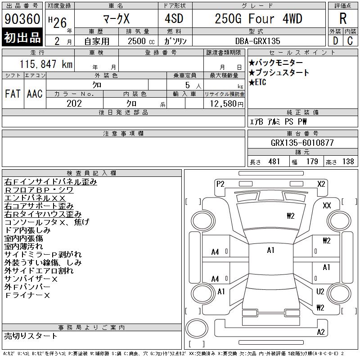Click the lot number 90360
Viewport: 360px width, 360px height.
pyautogui.click(x=22, y=19)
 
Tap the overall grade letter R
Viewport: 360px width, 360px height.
pyautogui.click(x=343, y=18)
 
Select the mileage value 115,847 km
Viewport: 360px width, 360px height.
pyautogui.click(x=46, y=64)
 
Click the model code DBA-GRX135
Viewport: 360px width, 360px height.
pyautogui.click(x=257, y=41)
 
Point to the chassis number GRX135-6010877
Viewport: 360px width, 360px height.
pyautogui.click(x=302, y=143)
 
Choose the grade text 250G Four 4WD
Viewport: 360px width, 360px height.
pyautogui.click(x=258, y=19)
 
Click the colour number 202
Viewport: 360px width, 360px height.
pyautogui.click(x=74, y=103)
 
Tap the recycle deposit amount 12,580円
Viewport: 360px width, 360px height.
pyautogui.click(x=226, y=104)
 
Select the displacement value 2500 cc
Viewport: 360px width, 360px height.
pyautogui.click(x=141, y=41)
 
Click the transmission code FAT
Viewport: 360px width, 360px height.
pyautogui.click(x=13, y=94)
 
